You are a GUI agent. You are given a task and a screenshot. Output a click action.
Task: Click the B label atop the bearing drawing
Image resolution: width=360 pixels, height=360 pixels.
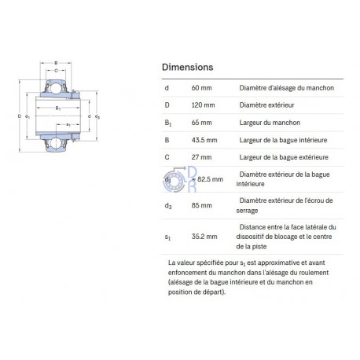[x=56, y=63]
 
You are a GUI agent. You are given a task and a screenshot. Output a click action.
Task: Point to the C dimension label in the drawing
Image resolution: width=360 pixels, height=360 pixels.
[x=56, y=71]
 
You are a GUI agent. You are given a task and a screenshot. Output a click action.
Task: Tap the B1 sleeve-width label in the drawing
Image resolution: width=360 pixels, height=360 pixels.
[x=58, y=108]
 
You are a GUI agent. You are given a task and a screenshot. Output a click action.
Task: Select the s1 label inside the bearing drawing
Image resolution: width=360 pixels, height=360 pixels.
[x=68, y=125]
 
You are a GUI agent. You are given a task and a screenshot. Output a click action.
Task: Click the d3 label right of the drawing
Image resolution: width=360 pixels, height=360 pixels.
[x=97, y=116]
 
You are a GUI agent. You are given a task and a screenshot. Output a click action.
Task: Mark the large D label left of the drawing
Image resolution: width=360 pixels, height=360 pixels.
[x=20, y=116]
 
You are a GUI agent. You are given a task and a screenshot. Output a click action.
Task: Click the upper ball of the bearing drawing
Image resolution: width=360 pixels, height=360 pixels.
[x=56, y=88]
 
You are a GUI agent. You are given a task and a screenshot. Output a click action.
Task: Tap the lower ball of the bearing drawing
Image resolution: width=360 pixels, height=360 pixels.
[x=56, y=143]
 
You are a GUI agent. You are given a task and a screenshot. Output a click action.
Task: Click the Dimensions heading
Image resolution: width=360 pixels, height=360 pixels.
[x=188, y=67]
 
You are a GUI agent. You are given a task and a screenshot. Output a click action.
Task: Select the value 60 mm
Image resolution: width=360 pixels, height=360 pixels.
[x=201, y=88]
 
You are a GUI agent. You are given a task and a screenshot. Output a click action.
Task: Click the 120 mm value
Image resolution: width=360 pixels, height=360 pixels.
[x=203, y=105]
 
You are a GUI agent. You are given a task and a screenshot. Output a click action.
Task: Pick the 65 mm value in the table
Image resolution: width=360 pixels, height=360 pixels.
[x=201, y=123]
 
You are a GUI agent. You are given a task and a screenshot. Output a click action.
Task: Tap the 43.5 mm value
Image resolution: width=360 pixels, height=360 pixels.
[x=204, y=140]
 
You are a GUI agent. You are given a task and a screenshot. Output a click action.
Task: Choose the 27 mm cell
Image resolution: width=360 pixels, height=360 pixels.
[x=201, y=157]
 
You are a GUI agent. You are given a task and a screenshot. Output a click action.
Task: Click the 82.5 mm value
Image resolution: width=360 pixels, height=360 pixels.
[x=210, y=179]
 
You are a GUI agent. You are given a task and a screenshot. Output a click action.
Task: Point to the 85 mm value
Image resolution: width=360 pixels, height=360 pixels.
[x=202, y=205]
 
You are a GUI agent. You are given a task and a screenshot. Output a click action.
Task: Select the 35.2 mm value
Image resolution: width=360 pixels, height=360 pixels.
[x=204, y=237]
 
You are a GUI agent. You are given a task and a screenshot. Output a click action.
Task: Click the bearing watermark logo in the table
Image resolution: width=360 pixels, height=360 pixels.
[x=179, y=179]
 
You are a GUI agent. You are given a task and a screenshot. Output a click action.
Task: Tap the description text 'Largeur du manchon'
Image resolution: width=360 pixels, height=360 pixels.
[x=270, y=123]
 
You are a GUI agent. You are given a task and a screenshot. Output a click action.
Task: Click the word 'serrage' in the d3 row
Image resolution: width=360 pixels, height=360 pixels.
[x=247, y=211]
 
